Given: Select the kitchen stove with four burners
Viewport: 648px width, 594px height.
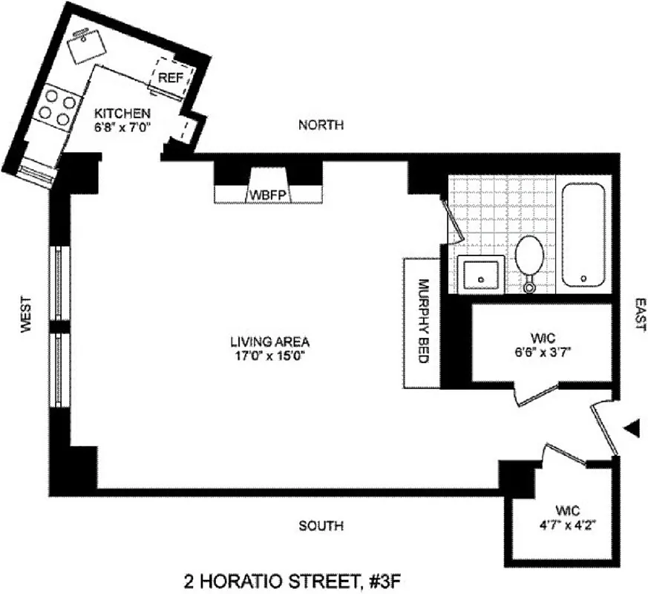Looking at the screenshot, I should point(56,107).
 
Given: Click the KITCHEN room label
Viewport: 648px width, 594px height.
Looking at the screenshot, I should point(122,114).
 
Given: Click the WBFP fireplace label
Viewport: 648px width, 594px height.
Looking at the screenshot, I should point(267,195).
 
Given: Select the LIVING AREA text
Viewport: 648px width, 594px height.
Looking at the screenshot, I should point(269,342).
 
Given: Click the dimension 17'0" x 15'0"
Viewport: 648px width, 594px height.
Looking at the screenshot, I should point(269,356).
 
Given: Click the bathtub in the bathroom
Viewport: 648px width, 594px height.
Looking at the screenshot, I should point(583,235).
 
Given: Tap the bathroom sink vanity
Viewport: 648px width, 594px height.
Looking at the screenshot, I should point(479,274).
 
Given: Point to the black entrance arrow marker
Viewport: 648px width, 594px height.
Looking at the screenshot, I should point(632,428).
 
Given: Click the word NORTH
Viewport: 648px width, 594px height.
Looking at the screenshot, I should point(321,125).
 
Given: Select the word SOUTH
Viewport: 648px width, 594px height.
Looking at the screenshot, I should point(321,526).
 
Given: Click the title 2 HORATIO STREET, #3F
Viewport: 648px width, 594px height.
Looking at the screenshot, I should point(285,578).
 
